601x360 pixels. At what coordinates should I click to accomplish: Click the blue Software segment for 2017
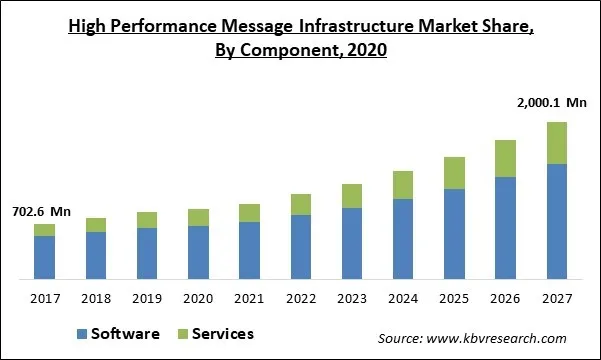pos(44,257)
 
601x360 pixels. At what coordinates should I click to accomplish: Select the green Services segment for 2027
pos(556,143)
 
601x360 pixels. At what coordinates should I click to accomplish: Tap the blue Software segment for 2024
pos(403,238)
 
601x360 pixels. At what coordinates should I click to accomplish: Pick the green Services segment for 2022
pos(300,205)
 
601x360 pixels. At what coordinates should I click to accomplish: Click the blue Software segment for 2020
pos(198,252)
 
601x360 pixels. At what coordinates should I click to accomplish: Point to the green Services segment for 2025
pos(454,173)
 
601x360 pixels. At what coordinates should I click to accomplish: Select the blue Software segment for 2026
pos(505,227)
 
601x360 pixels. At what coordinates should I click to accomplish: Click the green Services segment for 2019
pos(147,220)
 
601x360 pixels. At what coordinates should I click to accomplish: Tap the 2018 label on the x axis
pos(95,298)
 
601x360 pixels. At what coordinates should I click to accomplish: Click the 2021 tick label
pos(249,298)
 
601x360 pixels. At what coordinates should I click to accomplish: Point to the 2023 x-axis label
pos(351,298)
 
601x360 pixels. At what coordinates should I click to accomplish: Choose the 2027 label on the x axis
pos(556,298)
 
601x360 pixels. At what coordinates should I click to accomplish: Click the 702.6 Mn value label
pos(41,212)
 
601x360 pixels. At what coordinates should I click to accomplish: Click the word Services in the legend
pos(222,334)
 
